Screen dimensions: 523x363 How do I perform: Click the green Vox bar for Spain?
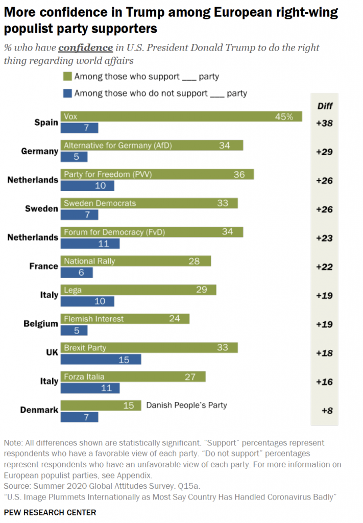(181, 117)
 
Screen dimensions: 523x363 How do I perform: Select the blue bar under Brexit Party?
(101, 360)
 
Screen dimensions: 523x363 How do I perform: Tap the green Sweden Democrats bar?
(149, 203)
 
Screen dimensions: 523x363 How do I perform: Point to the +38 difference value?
(324, 123)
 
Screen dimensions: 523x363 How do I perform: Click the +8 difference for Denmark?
(327, 410)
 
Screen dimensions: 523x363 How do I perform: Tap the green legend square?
(66, 77)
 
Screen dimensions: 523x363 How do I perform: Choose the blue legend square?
(66, 93)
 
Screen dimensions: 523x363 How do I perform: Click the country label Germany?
(39, 152)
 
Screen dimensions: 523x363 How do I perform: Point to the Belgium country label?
(41, 324)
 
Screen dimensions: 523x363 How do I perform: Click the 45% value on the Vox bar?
(284, 117)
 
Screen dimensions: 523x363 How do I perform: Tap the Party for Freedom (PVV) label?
(108, 175)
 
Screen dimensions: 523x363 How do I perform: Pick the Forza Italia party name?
(84, 377)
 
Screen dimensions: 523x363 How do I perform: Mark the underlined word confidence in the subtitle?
(85, 47)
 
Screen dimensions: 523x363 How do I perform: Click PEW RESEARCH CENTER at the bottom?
(50, 512)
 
